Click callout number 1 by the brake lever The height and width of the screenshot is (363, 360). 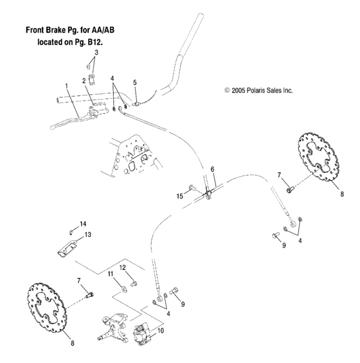pyautogui.click(x=66, y=85)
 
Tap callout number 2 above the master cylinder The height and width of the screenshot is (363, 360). pyautogui.click(x=84, y=80)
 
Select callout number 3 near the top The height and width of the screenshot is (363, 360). pyautogui.click(x=96, y=52)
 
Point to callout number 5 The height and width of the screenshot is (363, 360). pyautogui.click(x=135, y=82)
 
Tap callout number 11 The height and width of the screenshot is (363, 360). pyautogui.click(x=110, y=274)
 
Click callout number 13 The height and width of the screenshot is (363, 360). pyautogui.click(x=88, y=235)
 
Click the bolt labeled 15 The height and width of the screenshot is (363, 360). pyautogui.click(x=192, y=188)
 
